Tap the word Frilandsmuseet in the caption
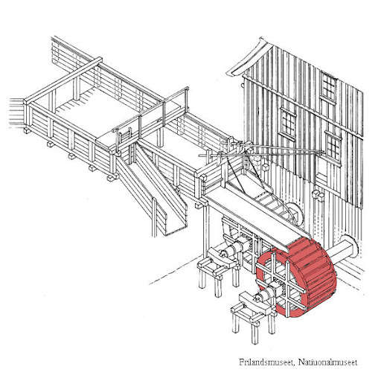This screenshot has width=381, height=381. click(267, 362)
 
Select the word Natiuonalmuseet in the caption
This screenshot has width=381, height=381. click(327, 362)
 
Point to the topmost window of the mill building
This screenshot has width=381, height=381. click(328, 86)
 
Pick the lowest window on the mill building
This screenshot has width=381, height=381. click(333, 146)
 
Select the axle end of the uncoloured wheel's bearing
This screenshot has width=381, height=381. click(223, 254)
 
